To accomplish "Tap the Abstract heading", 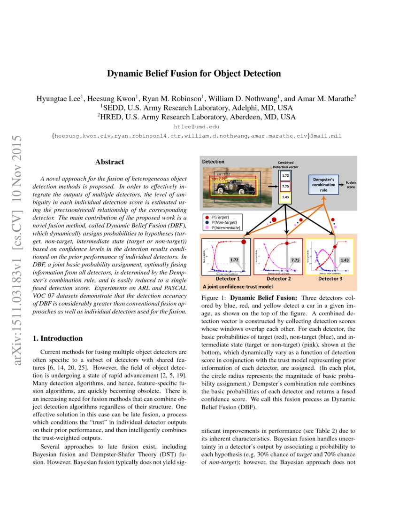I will (x=109, y=162).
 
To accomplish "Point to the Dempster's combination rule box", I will (x=324, y=184).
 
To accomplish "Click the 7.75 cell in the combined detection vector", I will (x=285, y=187).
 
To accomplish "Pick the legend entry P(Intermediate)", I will (x=226, y=228).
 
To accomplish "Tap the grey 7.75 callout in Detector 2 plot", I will (x=295, y=260).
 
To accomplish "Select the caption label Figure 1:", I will (x=214, y=298).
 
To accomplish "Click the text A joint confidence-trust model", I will (x=231, y=286).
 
